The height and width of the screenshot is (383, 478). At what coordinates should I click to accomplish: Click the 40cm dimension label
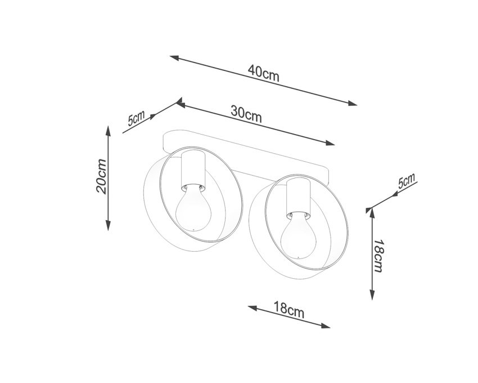tap(263, 73)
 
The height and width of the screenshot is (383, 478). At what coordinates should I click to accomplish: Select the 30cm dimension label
tap(246, 113)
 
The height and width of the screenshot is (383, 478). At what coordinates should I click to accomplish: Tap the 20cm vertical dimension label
tap(102, 176)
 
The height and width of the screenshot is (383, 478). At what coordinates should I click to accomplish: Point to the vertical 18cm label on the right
tap(378, 256)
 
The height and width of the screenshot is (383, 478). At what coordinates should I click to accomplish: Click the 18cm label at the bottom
tap(288, 310)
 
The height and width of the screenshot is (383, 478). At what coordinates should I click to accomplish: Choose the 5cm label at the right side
tap(407, 181)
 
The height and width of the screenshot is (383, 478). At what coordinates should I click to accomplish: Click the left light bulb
tap(193, 208)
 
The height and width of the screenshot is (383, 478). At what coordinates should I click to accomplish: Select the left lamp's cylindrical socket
tap(193, 170)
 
